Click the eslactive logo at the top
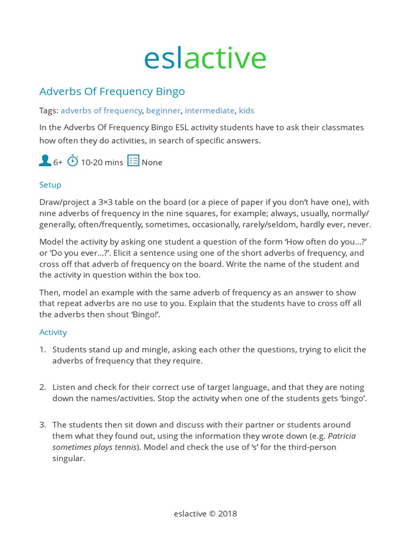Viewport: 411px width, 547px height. (x=205, y=58)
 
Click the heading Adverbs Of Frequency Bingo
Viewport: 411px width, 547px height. (x=112, y=91)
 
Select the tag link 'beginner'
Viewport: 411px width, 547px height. (x=163, y=111)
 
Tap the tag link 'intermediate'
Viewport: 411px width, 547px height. (x=209, y=111)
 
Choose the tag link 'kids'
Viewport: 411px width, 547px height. (x=246, y=111)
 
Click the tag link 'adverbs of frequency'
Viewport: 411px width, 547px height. (x=101, y=111)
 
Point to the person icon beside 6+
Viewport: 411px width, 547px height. (x=45, y=161)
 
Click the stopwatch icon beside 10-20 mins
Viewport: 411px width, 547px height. (x=73, y=161)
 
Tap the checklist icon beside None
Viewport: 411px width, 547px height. (x=133, y=161)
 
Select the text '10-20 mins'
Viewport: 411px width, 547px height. (x=102, y=162)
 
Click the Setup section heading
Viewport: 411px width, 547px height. (x=50, y=185)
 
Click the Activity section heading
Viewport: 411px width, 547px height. (x=53, y=332)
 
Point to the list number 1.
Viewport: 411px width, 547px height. (x=42, y=350)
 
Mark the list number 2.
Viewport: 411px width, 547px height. (x=42, y=387)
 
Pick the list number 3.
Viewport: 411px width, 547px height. (x=42, y=425)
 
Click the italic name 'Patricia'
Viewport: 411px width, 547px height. (x=341, y=436)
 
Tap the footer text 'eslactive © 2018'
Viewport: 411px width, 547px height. (x=205, y=514)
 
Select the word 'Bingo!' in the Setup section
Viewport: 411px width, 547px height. (x=146, y=315)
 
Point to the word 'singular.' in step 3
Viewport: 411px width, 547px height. (x=68, y=458)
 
